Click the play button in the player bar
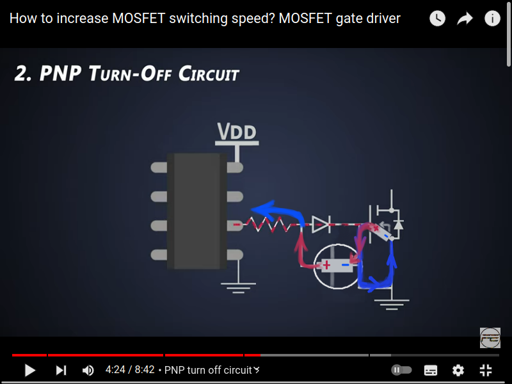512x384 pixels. [29, 370]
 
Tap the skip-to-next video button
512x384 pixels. [61, 370]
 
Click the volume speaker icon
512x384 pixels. [88, 370]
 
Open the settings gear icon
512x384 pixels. [458, 370]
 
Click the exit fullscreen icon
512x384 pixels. [486, 370]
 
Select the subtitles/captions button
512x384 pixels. [431, 370]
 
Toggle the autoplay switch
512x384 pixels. [401, 370]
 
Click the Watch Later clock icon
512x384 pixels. [437, 19]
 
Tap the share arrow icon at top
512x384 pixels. [465, 19]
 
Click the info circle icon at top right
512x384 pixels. [492, 19]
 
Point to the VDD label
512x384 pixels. [237, 132]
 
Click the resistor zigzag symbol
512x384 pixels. [269, 224]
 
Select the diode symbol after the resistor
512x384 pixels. [320, 223]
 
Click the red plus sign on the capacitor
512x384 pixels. [326, 264]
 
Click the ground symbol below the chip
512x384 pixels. [238, 286]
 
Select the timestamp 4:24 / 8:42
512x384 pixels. [130, 370]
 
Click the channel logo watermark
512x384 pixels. [490, 337]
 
